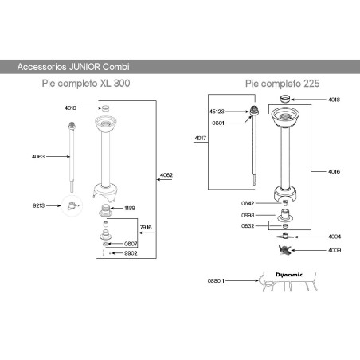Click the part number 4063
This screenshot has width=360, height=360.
(x=38, y=157)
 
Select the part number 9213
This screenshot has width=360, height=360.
(x=38, y=205)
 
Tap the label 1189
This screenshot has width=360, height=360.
(x=130, y=209)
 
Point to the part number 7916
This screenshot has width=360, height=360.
(x=146, y=228)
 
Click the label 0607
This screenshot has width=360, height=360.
(x=131, y=244)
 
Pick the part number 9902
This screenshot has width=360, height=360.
(x=131, y=253)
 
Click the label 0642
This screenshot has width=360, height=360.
(x=248, y=203)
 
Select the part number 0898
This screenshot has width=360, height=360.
(x=248, y=216)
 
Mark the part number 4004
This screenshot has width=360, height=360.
(x=335, y=237)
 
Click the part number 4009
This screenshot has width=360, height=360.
(x=335, y=250)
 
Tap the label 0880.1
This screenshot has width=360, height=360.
(x=217, y=280)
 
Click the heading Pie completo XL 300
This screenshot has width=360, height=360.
(x=86, y=83)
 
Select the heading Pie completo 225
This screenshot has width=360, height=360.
(x=278, y=83)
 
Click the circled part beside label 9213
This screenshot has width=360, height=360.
(x=72, y=206)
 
